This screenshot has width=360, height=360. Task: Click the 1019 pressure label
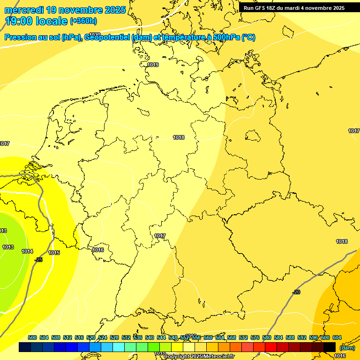pyautogui.click(x=153, y=65)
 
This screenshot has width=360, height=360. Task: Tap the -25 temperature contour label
pyautogui.click(x=38, y=259)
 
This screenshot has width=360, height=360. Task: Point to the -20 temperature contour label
pyautogui.click(x=296, y=292)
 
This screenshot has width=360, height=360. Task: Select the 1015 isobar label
pyautogui.click(x=54, y=253)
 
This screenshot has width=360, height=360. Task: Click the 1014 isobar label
pyautogui.click(x=27, y=251)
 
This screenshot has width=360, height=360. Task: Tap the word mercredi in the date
pyautogui.click(x=24, y=10)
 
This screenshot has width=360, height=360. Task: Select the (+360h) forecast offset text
pyautogui.click(x=83, y=21)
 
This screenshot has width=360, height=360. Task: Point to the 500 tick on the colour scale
pyautogui.click(x=32, y=337)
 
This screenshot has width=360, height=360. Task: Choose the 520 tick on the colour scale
pyautogui.click(x=91, y=337)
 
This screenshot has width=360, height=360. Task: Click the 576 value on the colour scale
pyautogui.click(x=255, y=337)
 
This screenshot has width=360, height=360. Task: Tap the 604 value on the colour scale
pyautogui.click(x=337, y=337)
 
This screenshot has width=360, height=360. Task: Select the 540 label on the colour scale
pyautogui.click(x=150, y=337)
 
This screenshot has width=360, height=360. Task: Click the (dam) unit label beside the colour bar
pyautogui.click(x=347, y=348)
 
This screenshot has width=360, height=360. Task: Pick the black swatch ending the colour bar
pyautogui.click(x=330, y=347)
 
